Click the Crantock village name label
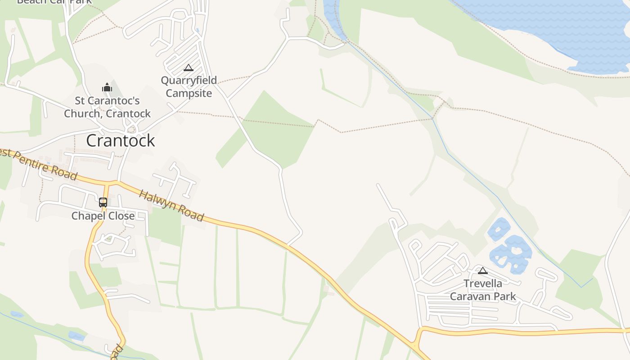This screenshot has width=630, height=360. [x=121, y=140]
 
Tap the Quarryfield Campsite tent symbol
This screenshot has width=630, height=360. [x=189, y=68]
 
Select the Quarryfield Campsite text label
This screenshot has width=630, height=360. [x=189, y=87]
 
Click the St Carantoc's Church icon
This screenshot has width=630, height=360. [x=107, y=87]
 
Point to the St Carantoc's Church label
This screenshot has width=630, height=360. [x=107, y=107]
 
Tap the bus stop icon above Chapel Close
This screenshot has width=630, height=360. [x=103, y=202]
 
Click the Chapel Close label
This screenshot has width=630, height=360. [x=103, y=216]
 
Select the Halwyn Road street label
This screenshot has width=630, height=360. [x=171, y=206]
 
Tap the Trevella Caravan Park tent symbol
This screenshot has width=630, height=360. [x=483, y=270]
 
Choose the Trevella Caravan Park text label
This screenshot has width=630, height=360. [x=483, y=290]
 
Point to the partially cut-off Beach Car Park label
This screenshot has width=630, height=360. [x=54, y=2]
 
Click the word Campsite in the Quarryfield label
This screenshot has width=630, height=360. [x=189, y=93]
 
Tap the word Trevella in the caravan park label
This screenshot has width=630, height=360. [x=483, y=283]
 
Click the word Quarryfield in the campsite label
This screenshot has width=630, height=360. [x=189, y=81]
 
